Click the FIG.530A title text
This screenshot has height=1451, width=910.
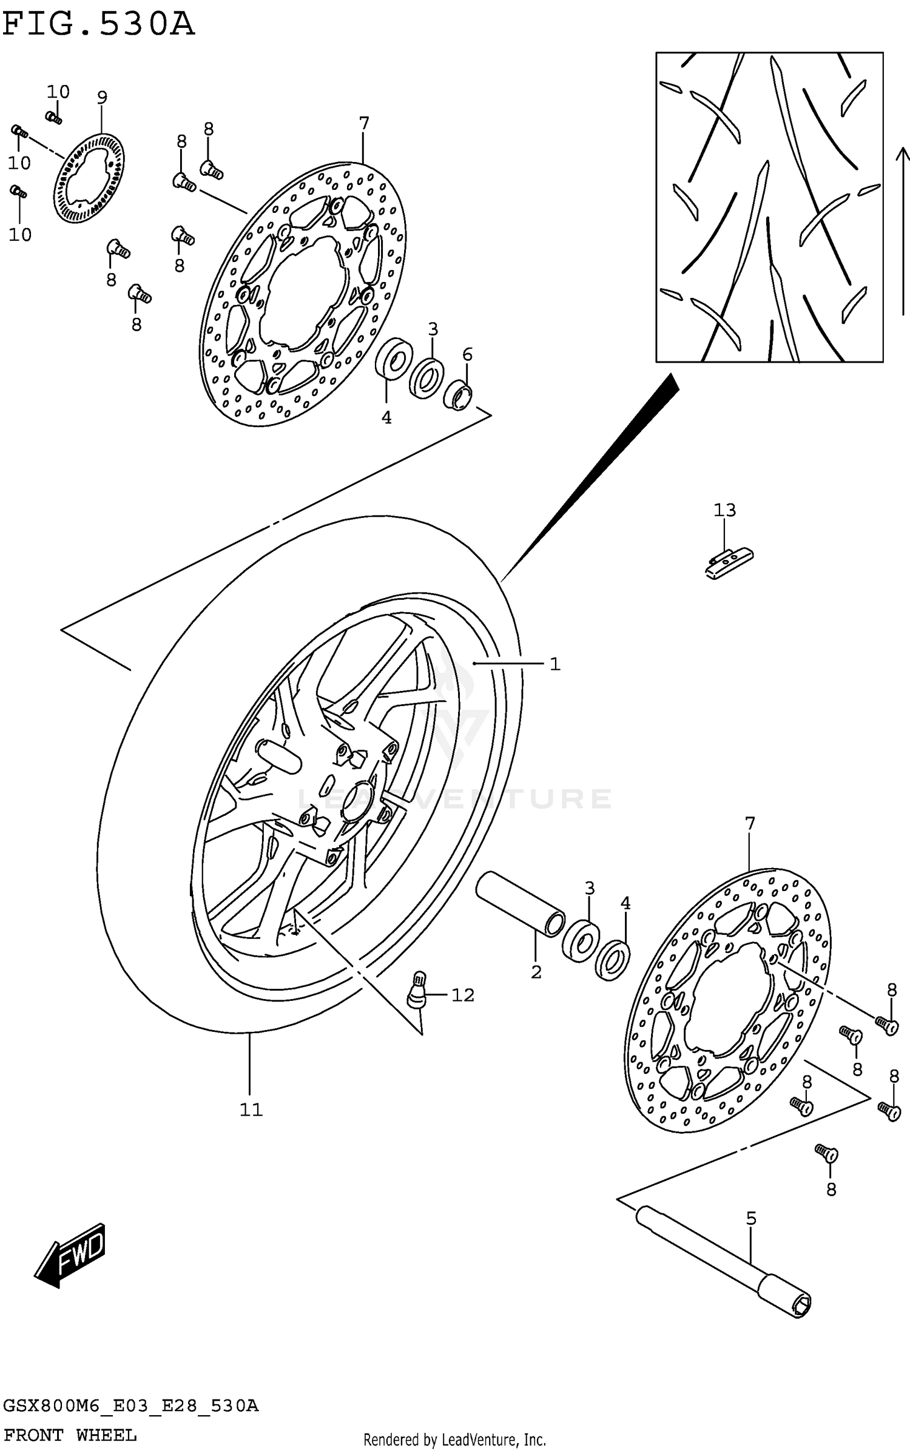coord(98,25)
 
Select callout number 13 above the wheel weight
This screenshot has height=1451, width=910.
coord(724,510)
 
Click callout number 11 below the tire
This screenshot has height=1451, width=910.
coord(251,1110)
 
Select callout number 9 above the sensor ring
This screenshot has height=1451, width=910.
coord(102,97)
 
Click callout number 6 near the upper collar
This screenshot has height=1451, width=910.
coord(467,354)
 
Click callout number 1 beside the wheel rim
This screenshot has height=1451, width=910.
coord(554,664)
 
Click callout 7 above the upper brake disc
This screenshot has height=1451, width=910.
coord(363,123)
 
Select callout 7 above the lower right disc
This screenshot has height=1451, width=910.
coord(750,824)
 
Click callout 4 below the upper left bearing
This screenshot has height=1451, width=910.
coord(386,417)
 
